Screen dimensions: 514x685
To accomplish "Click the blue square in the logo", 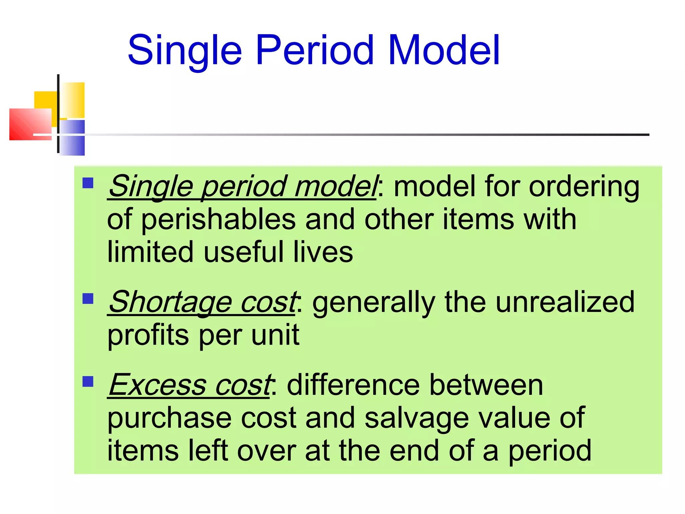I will tap(72, 137).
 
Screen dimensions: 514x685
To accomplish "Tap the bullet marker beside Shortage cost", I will tap(88, 298).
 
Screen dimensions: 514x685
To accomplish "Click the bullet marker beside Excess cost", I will tap(88, 381).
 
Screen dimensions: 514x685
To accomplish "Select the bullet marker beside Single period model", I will tap(88, 183).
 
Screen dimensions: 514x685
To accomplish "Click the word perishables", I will tap(218, 220).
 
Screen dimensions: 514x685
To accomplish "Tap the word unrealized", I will tap(565, 302).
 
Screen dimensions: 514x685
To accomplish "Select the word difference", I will tap(353, 385).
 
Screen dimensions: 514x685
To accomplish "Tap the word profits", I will tap(148, 336).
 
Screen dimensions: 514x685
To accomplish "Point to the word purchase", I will tap(170, 418).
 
